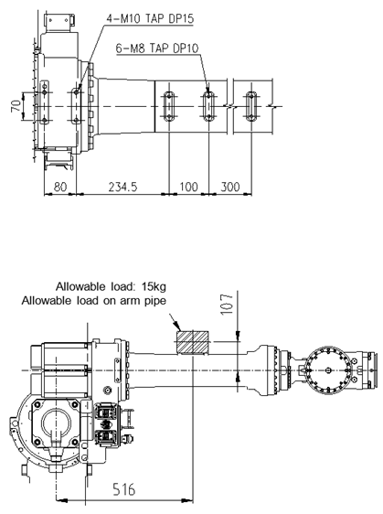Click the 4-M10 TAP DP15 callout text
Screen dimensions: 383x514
[150, 18]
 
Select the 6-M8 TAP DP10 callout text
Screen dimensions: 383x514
[157, 48]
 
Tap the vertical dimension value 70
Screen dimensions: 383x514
[16, 106]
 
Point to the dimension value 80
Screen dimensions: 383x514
[60, 187]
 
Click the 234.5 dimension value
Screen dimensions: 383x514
[122, 187]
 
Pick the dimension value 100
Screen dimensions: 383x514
[188, 187]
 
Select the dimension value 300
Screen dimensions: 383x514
[230, 187]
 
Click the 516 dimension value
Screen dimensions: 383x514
[123, 489]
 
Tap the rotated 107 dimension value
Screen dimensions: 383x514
[227, 305]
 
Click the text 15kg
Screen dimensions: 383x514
[154, 287]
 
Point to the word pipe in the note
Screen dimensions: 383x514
[155, 301]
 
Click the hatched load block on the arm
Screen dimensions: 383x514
[192, 343]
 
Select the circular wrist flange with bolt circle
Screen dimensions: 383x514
[328, 370]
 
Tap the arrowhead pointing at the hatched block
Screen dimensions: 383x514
[177, 327]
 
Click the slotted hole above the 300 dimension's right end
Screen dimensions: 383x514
[251, 106]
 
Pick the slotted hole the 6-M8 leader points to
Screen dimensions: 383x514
[208, 106]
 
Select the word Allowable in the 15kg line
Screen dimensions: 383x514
[76, 287]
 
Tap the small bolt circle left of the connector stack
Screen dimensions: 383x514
[107, 391]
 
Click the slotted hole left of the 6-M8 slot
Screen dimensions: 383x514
[169, 106]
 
